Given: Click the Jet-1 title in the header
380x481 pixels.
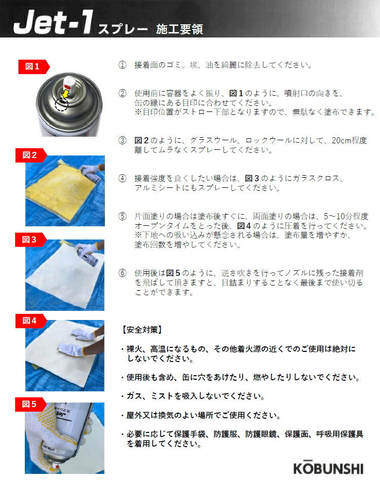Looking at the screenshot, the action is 53,22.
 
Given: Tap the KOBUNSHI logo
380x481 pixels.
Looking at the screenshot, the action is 328,468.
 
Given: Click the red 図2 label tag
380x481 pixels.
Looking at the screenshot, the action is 31,155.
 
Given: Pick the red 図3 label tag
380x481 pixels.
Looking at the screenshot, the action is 31,239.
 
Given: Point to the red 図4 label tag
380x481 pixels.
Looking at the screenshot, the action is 31,321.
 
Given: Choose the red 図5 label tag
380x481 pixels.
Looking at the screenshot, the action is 31,405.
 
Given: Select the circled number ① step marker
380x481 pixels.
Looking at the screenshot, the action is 122,65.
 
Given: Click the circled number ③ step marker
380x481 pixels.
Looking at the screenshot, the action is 122,140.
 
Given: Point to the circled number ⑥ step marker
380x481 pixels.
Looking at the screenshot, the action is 122,273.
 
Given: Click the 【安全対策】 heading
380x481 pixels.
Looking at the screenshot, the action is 141,330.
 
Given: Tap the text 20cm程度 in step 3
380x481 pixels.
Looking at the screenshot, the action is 349,140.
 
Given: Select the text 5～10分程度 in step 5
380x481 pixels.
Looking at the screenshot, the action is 346,216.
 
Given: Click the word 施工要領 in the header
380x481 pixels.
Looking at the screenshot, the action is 179,29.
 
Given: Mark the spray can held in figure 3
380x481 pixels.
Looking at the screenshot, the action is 88,257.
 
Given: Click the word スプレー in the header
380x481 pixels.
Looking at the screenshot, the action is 123,29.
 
